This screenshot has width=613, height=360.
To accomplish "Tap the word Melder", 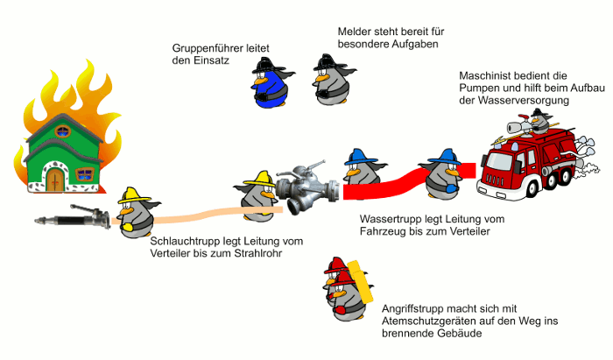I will [x=355, y=31].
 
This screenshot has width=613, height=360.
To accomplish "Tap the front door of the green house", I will [x=55, y=181].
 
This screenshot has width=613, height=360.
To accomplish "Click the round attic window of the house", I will [x=63, y=132].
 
